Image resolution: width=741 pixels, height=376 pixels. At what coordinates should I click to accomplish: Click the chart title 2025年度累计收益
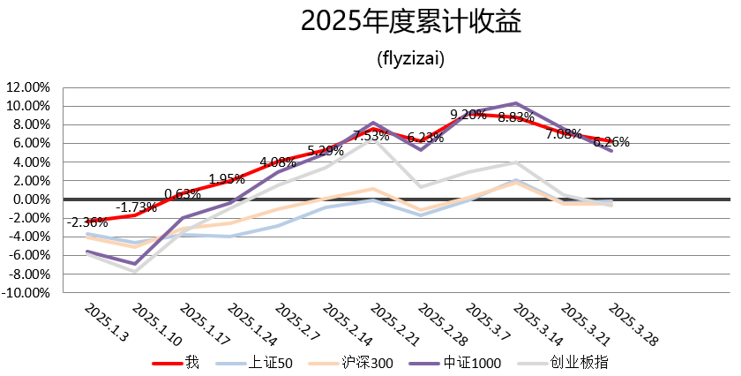point(411,21)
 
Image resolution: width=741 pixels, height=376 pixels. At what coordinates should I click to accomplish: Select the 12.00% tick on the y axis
point(27,87)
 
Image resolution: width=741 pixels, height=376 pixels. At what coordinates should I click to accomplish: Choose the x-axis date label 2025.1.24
point(249,326)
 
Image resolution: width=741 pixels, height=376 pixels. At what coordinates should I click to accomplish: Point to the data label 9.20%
point(468,114)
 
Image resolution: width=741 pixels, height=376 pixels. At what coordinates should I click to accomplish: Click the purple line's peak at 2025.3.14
point(516,103)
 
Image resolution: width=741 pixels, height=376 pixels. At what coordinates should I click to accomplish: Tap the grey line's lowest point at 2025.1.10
point(135,272)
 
